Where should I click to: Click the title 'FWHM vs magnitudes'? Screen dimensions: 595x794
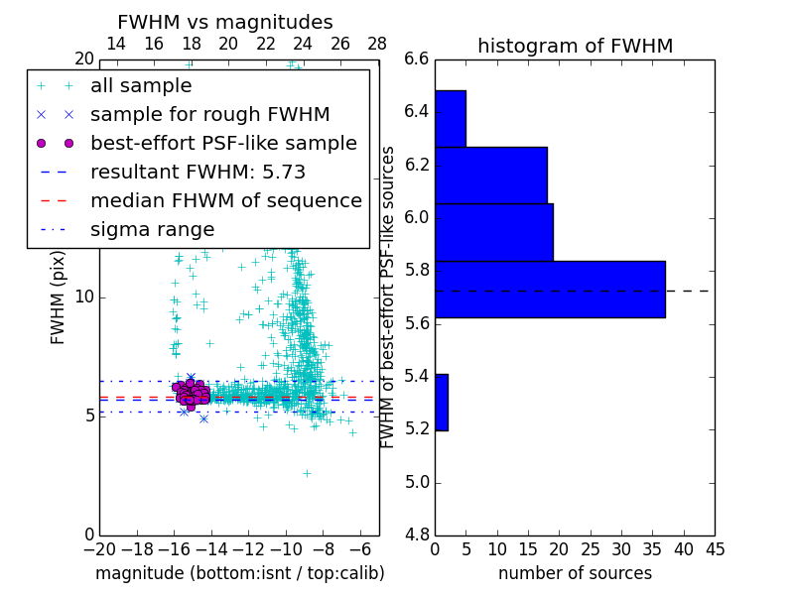[225, 22]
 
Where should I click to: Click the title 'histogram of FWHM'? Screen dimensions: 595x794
[575, 46]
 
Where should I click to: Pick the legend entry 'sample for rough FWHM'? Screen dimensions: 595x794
[209, 114]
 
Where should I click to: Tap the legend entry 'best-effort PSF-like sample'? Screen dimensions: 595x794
[223, 143]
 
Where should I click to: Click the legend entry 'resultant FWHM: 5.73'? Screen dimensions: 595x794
[198, 172]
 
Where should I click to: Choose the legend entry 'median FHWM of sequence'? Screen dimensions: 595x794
[225, 200]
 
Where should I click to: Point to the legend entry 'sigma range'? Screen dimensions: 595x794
[152, 229]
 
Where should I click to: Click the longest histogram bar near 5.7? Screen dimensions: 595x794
[550, 289]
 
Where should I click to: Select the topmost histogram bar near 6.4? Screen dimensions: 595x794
[450, 118]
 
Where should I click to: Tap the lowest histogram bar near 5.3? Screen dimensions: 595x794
[441, 402]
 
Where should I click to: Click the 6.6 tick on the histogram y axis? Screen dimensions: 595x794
[417, 59]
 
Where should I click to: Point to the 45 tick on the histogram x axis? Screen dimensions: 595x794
[714, 548]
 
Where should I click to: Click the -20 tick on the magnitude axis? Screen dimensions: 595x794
[99, 548]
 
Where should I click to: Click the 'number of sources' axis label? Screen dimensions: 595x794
[575, 573]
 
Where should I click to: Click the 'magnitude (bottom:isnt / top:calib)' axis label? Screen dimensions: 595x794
[239, 573]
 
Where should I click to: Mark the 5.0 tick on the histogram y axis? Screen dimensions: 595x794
[417, 483]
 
